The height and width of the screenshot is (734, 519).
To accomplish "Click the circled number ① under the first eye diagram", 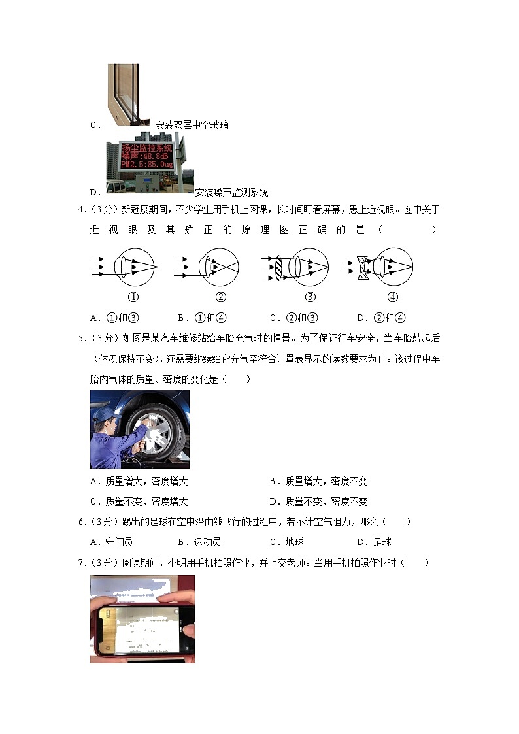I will pyautogui.click(x=133, y=297).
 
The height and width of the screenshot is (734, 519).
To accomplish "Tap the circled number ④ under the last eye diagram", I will pyautogui.click(x=392, y=297).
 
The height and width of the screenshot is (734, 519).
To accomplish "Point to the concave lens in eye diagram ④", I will pyautogui.click(x=363, y=267).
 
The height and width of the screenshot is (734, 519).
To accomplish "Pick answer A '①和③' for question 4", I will pyautogui.click(x=114, y=318).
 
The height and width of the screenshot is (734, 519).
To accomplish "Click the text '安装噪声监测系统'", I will pyautogui.click(x=231, y=192).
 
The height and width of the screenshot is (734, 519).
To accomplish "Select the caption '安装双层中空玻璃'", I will pyautogui.click(x=192, y=125).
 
